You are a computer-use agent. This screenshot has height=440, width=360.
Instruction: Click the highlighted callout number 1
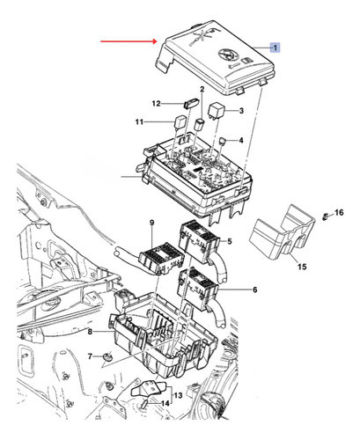(276, 48)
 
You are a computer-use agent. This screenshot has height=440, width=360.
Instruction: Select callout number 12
(156, 104)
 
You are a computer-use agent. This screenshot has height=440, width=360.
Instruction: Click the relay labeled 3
(217, 110)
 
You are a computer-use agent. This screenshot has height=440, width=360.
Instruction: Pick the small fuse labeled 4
(223, 141)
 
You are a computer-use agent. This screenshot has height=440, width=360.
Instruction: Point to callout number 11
(139, 121)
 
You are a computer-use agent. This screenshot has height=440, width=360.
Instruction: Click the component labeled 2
(201, 123)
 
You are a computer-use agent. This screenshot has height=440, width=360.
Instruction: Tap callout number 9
(151, 223)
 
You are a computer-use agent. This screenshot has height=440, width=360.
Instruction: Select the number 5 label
(230, 241)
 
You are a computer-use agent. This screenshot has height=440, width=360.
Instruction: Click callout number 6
(254, 290)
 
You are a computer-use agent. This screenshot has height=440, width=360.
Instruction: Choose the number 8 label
(90, 332)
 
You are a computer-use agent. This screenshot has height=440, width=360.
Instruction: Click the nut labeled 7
(108, 357)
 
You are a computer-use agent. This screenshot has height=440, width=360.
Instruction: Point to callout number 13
(178, 395)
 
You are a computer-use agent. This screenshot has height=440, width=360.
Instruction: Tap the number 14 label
(165, 404)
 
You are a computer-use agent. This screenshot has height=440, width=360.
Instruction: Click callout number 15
(302, 267)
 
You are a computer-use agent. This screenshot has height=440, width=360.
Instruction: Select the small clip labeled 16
(325, 216)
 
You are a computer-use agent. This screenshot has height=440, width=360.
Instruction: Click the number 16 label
(339, 212)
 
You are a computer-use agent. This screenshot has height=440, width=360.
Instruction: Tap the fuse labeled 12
(191, 103)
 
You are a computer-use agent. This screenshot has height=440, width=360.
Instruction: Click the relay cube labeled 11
(180, 121)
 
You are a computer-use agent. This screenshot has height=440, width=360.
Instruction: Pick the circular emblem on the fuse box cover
(228, 54)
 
